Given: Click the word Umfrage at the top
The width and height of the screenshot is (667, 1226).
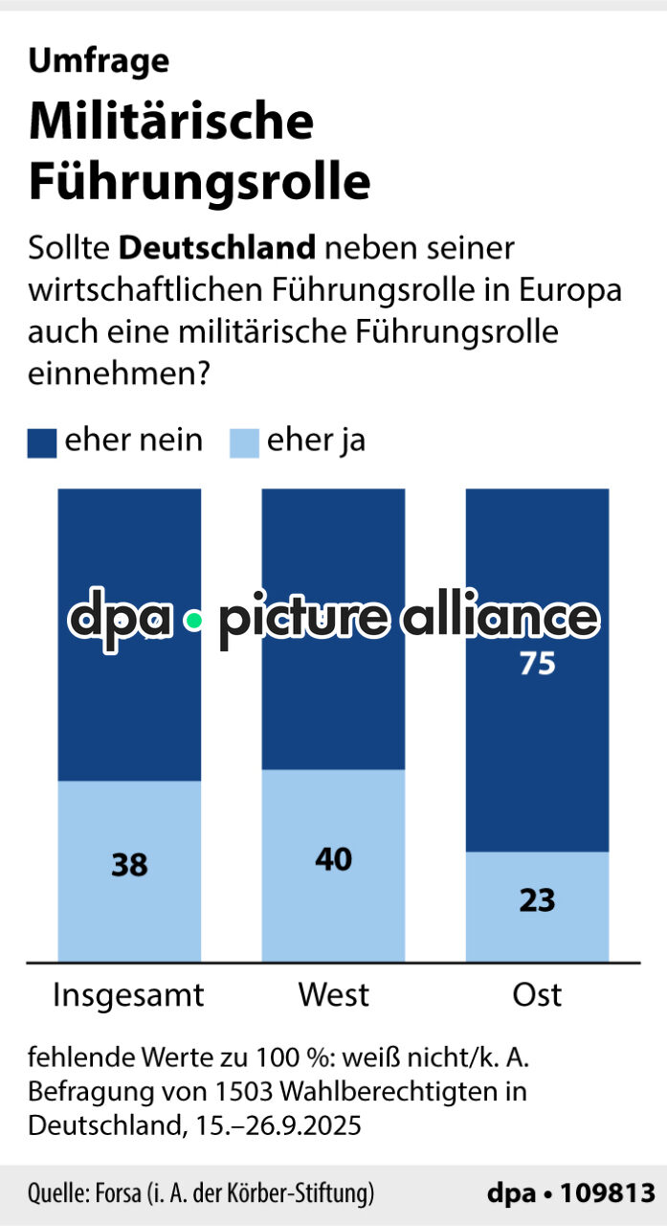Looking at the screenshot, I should pos(99,60).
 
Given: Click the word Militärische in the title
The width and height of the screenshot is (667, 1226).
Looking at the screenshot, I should pos(171,122).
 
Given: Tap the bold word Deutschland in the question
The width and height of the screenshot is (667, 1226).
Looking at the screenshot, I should pos(217,247).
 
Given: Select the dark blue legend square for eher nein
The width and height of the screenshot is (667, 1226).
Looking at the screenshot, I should pos(42,443).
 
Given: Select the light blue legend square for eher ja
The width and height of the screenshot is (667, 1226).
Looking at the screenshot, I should pos(245,443).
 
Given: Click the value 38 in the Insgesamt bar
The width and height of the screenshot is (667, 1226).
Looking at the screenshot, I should pos(129,865).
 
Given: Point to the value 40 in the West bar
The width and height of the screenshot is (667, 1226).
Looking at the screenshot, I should pos(333,859).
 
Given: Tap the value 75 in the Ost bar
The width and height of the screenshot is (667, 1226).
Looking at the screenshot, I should pos(537,664).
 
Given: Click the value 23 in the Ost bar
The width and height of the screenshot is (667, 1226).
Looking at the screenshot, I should pos(537,900).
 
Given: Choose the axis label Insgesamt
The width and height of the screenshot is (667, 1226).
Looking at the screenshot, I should pos(128,994).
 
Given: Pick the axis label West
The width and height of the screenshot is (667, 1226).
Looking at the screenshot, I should pos(333,994).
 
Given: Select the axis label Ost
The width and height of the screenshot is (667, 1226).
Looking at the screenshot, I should pos(537,994).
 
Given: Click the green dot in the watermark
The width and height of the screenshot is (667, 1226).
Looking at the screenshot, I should pos(194,621).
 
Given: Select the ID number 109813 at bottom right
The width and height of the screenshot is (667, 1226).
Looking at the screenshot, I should pos(608,1194).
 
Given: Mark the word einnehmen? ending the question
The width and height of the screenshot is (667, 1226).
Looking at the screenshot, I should pos(120,374).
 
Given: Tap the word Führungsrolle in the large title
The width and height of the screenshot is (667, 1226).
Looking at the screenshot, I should pos(199,182).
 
